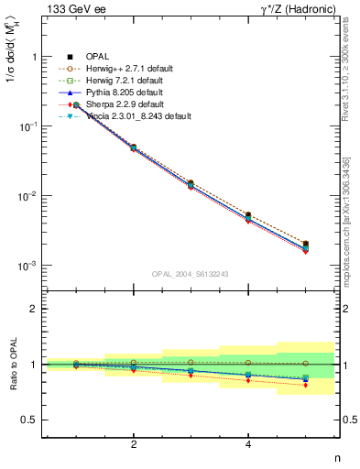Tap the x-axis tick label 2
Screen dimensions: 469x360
tap(134, 444)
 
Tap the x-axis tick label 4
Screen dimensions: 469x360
tap(248, 444)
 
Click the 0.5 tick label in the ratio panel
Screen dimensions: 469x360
tap(27, 420)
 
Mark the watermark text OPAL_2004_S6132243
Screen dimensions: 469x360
tap(190, 274)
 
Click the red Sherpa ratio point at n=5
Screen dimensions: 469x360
tap(305, 385)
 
